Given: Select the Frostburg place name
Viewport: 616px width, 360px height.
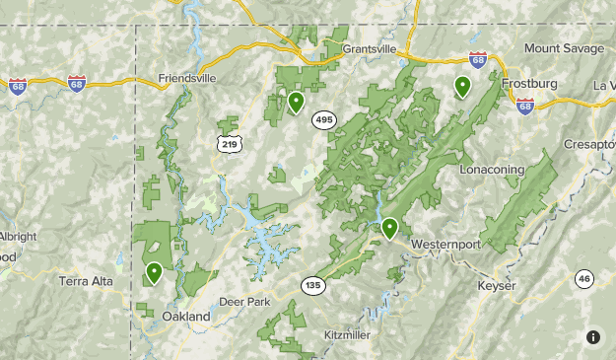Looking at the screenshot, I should [529, 84].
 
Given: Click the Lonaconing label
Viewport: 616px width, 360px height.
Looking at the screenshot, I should [493, 170].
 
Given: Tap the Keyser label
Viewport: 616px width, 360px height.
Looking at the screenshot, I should [497, 286].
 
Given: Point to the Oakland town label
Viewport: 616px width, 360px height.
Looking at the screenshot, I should [186, 317].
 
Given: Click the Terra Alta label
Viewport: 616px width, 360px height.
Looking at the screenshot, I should [86, 281].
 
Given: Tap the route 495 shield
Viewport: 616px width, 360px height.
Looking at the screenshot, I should [323, 119].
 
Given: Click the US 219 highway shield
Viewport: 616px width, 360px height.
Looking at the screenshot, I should [229, 144].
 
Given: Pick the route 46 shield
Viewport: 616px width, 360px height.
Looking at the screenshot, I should [584, 279].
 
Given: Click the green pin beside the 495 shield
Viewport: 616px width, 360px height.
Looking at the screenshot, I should [296, 102].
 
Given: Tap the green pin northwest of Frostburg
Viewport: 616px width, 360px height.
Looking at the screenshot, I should [461, 87].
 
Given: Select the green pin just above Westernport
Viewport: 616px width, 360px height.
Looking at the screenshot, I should [390, 228].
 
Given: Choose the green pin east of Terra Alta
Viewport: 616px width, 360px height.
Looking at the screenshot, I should [154, 271].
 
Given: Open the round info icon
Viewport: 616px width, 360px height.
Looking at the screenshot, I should [593, 337].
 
